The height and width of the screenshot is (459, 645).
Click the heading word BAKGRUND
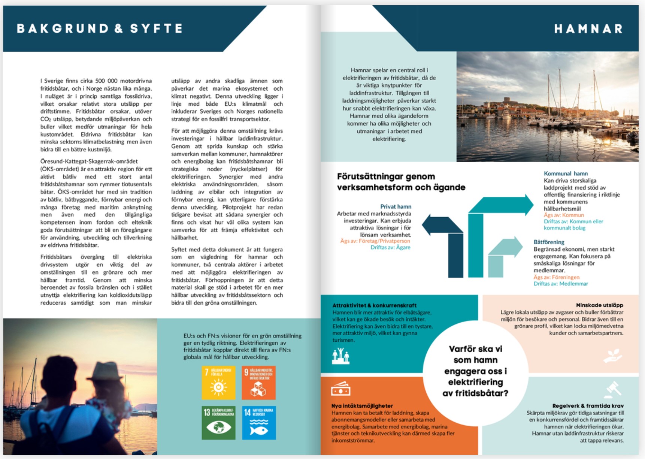tap(63, 28)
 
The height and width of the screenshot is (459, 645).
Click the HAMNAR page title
tap(588, 29)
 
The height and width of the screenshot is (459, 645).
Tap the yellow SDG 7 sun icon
tap(219, 383)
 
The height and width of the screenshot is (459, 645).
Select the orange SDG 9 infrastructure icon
tap(258, 383)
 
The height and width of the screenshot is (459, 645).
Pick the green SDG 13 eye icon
tap(219, 423)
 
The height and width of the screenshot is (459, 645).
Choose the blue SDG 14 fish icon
tap(259, 423)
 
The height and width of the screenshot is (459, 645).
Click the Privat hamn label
tap(396, 206)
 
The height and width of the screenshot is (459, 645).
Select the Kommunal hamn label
tap(566, 173)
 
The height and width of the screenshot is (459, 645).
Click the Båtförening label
tap(549, 242)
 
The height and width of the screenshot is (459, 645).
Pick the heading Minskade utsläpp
tap(599, 305)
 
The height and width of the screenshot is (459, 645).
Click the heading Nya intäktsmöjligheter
tap(362, 406)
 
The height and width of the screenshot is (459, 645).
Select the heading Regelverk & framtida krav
tap(588, 406)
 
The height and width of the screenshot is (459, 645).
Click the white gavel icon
tap(613, 389)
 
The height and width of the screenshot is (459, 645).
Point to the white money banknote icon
tap(340, 389)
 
